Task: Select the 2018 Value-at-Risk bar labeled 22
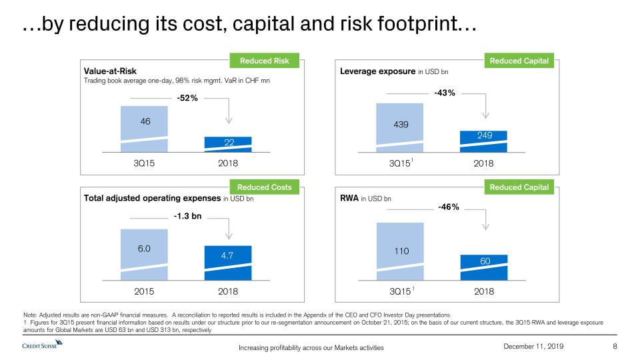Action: tap(229, 144)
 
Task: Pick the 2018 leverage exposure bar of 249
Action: tap(485, 141)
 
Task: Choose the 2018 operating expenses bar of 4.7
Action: tap(229, 264)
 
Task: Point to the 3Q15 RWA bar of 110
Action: tap(400, 253)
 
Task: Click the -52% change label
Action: tap(187, 97)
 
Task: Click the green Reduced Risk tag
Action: tap(264, 61)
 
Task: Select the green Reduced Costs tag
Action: tap(264, 187)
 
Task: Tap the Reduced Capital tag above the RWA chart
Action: tap(519, 187)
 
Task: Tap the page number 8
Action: tap(615, 347)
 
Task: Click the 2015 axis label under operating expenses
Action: tap(144, 291)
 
